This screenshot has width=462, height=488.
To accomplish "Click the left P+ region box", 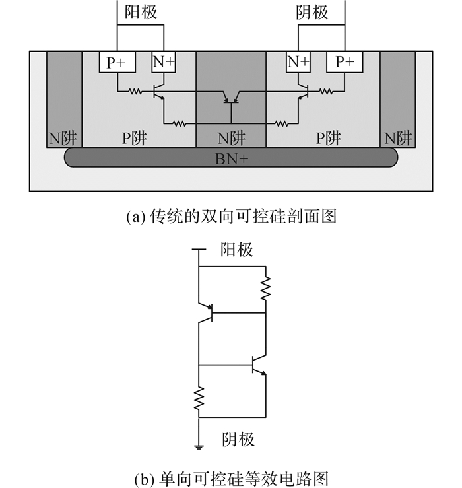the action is coord(117,62).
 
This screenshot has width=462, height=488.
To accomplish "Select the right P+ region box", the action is coord(345,62).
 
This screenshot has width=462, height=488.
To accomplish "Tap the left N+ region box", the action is coord(164,62).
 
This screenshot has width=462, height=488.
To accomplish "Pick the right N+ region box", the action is coord(298,62).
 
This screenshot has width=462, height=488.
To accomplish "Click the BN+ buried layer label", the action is coord(232,159).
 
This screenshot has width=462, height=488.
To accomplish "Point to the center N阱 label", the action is coord(232,138).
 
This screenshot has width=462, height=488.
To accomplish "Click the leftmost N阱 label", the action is coord(63,138).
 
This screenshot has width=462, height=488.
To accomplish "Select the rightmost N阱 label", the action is coord(398,138).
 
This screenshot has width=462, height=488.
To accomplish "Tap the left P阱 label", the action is coord(134,138).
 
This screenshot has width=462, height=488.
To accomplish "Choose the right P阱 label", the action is coord(329,138).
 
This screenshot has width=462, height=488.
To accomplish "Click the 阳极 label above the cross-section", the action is coord(141,13).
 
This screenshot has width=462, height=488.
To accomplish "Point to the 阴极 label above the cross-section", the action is coord(312,13).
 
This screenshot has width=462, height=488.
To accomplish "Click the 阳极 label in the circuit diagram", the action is coord(237,250).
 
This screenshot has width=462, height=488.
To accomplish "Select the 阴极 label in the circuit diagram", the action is coord(238,439).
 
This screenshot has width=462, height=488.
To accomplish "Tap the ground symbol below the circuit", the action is coord(199,447).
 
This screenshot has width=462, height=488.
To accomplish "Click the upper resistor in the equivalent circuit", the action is coord(266,289).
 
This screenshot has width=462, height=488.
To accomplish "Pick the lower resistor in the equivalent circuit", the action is coord(199,399).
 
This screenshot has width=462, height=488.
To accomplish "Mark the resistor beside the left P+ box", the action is coord(135,92).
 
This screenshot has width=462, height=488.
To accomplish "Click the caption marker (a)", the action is coord(136,217).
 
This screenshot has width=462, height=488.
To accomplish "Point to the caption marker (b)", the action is coord(145,479).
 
